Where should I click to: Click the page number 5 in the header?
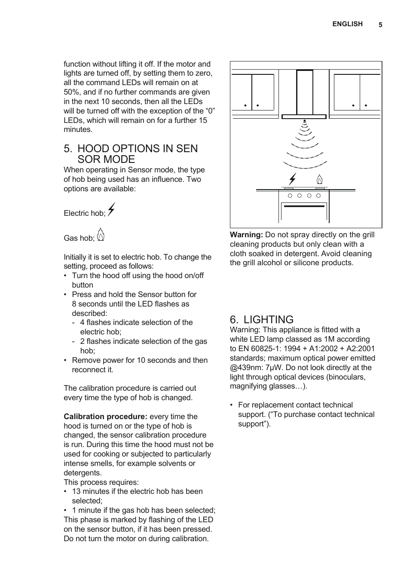click(x=380, y=25)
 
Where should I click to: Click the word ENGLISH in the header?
click(x=347, y=24)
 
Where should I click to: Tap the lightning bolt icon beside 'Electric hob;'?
click(x=111, y=209)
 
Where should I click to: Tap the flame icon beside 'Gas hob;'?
click(x=101, y=235)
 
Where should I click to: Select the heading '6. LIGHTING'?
click(x=261, y=319)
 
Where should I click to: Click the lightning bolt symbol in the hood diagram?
click(x=293, y=179)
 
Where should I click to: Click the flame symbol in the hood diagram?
click(x=319, y=179)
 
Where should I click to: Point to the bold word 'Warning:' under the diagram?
click(x=246, y=235)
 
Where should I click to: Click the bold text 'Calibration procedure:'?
click(x=105, y=417)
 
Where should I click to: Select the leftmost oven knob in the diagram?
click(x=290, y=196)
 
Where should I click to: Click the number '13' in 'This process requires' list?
click(x=76, y=491)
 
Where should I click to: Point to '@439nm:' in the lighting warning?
click(x=245, y=368)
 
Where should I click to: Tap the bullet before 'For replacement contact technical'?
click(x=232, y=405)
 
